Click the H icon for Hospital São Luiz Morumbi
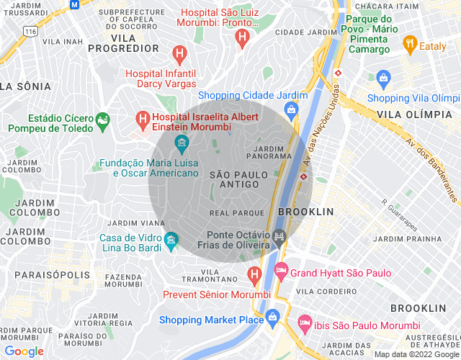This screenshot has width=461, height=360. click(x=243, y=35)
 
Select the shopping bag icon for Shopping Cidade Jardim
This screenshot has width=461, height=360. click(x=291, y=109)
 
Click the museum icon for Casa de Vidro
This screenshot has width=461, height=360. click(x=170, y=238)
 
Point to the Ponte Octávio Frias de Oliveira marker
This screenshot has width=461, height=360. click(x=279, y=235)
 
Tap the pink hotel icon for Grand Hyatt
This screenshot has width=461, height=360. click(x=281, y=273)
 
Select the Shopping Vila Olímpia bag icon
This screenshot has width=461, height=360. click(x=382, y=77)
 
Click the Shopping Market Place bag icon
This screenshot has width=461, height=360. click(x=273, y=317)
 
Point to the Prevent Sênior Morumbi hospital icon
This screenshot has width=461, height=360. click(x=254, y=274)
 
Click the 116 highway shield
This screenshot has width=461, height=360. click(x=30, y=32)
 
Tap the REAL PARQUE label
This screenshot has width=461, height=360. click(x=235, y=213)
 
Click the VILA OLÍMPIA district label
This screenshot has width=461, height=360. click(x=413, y=114)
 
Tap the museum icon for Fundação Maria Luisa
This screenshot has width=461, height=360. click(x=181, y=142)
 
